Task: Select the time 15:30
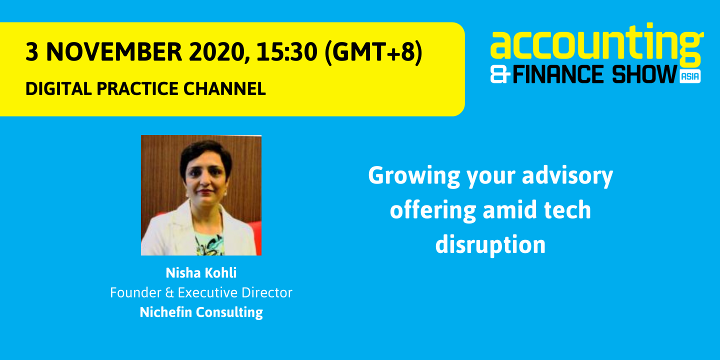pos(286,52)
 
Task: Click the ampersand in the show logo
pos(500,75)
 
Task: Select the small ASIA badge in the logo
pos(690,76)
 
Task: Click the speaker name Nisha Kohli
pos(201,273)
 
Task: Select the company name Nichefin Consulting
pos(201,312)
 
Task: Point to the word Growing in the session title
pos(407,176)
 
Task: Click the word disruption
pos(490,245)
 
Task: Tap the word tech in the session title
pos(569,210)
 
